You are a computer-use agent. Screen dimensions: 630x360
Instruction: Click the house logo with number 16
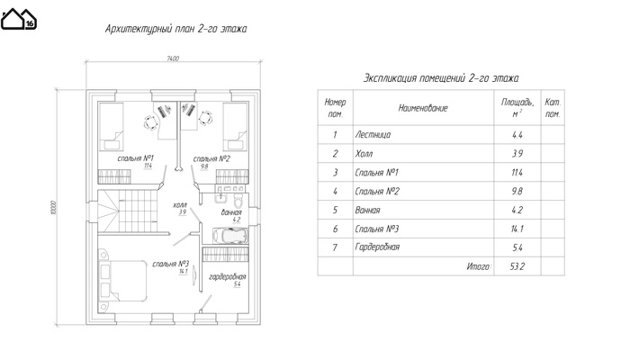pyautogui.click(x=19, y=19)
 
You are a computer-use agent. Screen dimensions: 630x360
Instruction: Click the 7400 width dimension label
pyautogui.click(x=173, y=58)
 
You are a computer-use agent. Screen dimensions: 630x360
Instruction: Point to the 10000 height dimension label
pyautogui.click(x=53, y=208)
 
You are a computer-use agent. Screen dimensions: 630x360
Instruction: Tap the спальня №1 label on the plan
pyautogui.click(x=136, y=157)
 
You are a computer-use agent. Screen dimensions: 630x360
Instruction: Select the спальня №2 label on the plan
pyautogui.click(x=211, y=158)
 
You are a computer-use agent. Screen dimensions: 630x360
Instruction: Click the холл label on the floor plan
pyautogui.click(x=180, y=205)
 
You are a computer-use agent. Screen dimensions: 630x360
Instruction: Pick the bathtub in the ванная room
pyautogui.click(x=230, y=236)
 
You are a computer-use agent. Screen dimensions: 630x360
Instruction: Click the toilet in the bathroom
pyautogui.click(x=238, y=200)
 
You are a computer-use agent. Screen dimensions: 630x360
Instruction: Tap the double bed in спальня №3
pyautogui.click(x=122, y=281)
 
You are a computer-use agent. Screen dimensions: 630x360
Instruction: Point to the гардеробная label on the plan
pyautogui.click(x=228, y=277)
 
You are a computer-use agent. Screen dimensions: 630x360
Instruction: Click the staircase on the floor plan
pyautogui.click(x=127, y=211)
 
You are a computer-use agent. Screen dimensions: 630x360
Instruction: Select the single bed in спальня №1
pyautogui.click(x=112, y=126)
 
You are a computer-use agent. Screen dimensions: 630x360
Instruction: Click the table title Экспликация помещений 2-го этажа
pyautogui.click(x=441, y=77)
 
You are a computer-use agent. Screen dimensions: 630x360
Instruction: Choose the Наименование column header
pyautogui.click(x=423, y=108)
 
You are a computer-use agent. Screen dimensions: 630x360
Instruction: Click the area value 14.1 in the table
pyautogui.click(x=517, y=229)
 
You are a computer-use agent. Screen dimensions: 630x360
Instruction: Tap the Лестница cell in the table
pyautogui.click(x=373, y=135)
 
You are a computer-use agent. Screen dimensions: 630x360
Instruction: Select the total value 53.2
pyautogui.click(x=517, y=266)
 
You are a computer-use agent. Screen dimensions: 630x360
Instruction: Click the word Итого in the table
pyautogui.click(x=479, y=266)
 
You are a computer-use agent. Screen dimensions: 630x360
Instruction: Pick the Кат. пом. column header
pyautogui.click(x=553, y=108)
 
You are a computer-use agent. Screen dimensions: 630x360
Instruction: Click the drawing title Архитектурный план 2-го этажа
pyautogui.click(x=176, y=29)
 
